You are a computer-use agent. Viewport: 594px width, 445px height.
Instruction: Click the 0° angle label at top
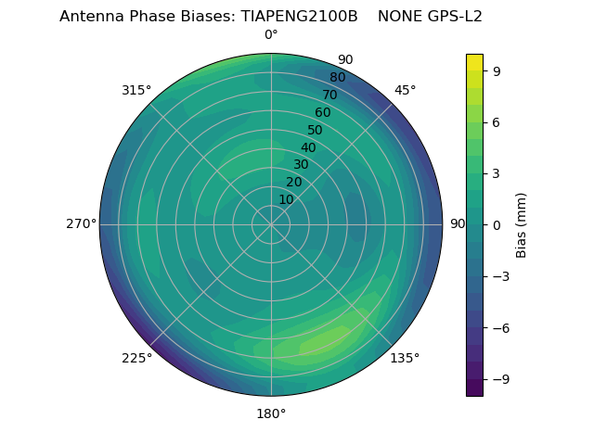pyautogui.click(x=271, y=35)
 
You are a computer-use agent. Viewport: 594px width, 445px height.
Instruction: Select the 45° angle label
pyautogui.click(x=406, y=90)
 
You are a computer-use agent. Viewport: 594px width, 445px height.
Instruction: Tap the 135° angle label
pyautogui.click(x=405, y=358)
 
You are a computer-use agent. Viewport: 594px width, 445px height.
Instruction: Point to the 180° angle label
pyautogui.click(x=271, y=413)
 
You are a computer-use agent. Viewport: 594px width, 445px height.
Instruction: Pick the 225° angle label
pyautogui.click(x=136, y=358)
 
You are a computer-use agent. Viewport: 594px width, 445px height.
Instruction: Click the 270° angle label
pyautogui.click(x=81, y=223)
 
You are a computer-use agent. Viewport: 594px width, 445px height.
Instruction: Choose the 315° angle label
pyautogui.click(x=136, y=90)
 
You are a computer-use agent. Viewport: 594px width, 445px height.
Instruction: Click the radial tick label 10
pyautogui.click(x=286, y=199)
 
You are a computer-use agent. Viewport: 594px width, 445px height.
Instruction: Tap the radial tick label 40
pyautogui.click(x=308, y=147)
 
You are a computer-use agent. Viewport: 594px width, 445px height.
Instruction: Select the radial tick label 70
pyautogui.click(x=329, y=95)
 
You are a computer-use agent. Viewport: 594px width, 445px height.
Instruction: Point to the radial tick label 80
pyautogui.click(x=337, y=77)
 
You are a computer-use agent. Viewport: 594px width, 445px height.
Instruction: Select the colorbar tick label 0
pyautogui.click(x=496, y=224)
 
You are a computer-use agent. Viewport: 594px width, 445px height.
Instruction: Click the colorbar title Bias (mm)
pyautogui.click(x=522, y=224)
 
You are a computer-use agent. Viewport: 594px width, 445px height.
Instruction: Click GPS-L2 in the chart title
pyautogui.click(x=455, y=17)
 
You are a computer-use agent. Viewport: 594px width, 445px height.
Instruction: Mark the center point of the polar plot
pyautogui.click(x=271, y=224)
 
